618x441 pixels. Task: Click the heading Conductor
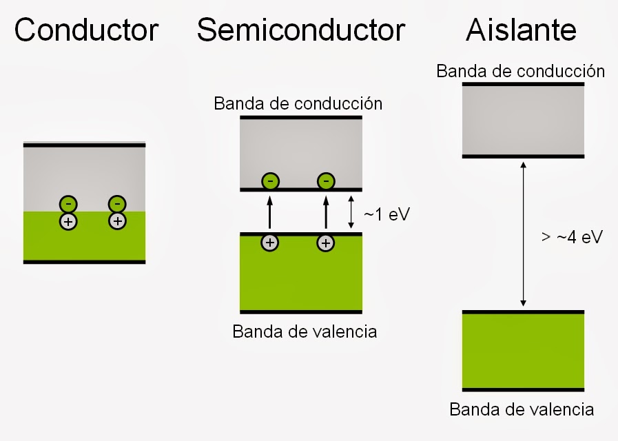click(86, 30)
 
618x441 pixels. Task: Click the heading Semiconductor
click(300, 30)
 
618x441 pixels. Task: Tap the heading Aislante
click(522, 30)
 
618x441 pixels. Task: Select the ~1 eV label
click(387, 214)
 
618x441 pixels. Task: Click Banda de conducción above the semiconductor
click(298, 104)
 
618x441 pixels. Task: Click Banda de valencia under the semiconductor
click(305, 331)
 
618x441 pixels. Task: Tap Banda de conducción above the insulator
click(520, 71)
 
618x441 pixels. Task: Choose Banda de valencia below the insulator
click(522, 409)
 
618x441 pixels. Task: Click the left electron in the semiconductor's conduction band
click(270, 182)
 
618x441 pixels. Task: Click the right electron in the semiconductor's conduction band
click(326, 182)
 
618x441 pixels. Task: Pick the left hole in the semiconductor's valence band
click(270, 243)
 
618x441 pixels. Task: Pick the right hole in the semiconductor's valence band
click(326, 243)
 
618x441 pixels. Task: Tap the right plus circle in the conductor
click(118, 221)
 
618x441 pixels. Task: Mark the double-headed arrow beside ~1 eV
click(351, 213)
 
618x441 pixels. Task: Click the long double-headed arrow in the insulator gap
click(524, 234)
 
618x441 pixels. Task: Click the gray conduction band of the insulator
click(523, 121)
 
